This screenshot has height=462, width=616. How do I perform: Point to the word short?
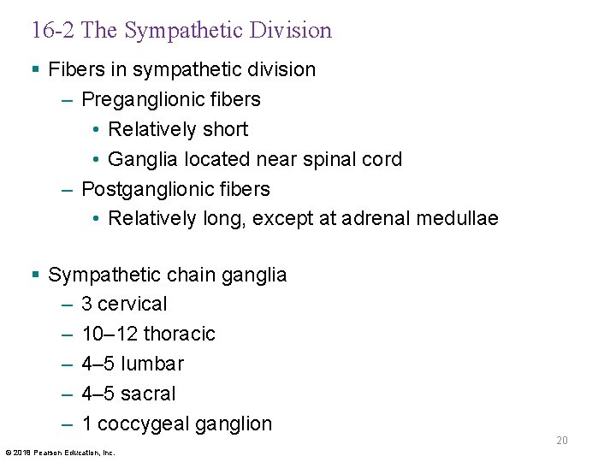[x=222, y=129]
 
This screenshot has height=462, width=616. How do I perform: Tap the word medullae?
[x=458, y=219]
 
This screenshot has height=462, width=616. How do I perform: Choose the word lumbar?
[x=152, y=364]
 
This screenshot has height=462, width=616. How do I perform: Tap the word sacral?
[x=148, y=394]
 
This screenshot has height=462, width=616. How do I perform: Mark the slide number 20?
[x=562, y=441]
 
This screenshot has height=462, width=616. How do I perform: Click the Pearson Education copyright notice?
[x=61, y=452]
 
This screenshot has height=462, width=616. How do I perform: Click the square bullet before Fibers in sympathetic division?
[x=35, y=69]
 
